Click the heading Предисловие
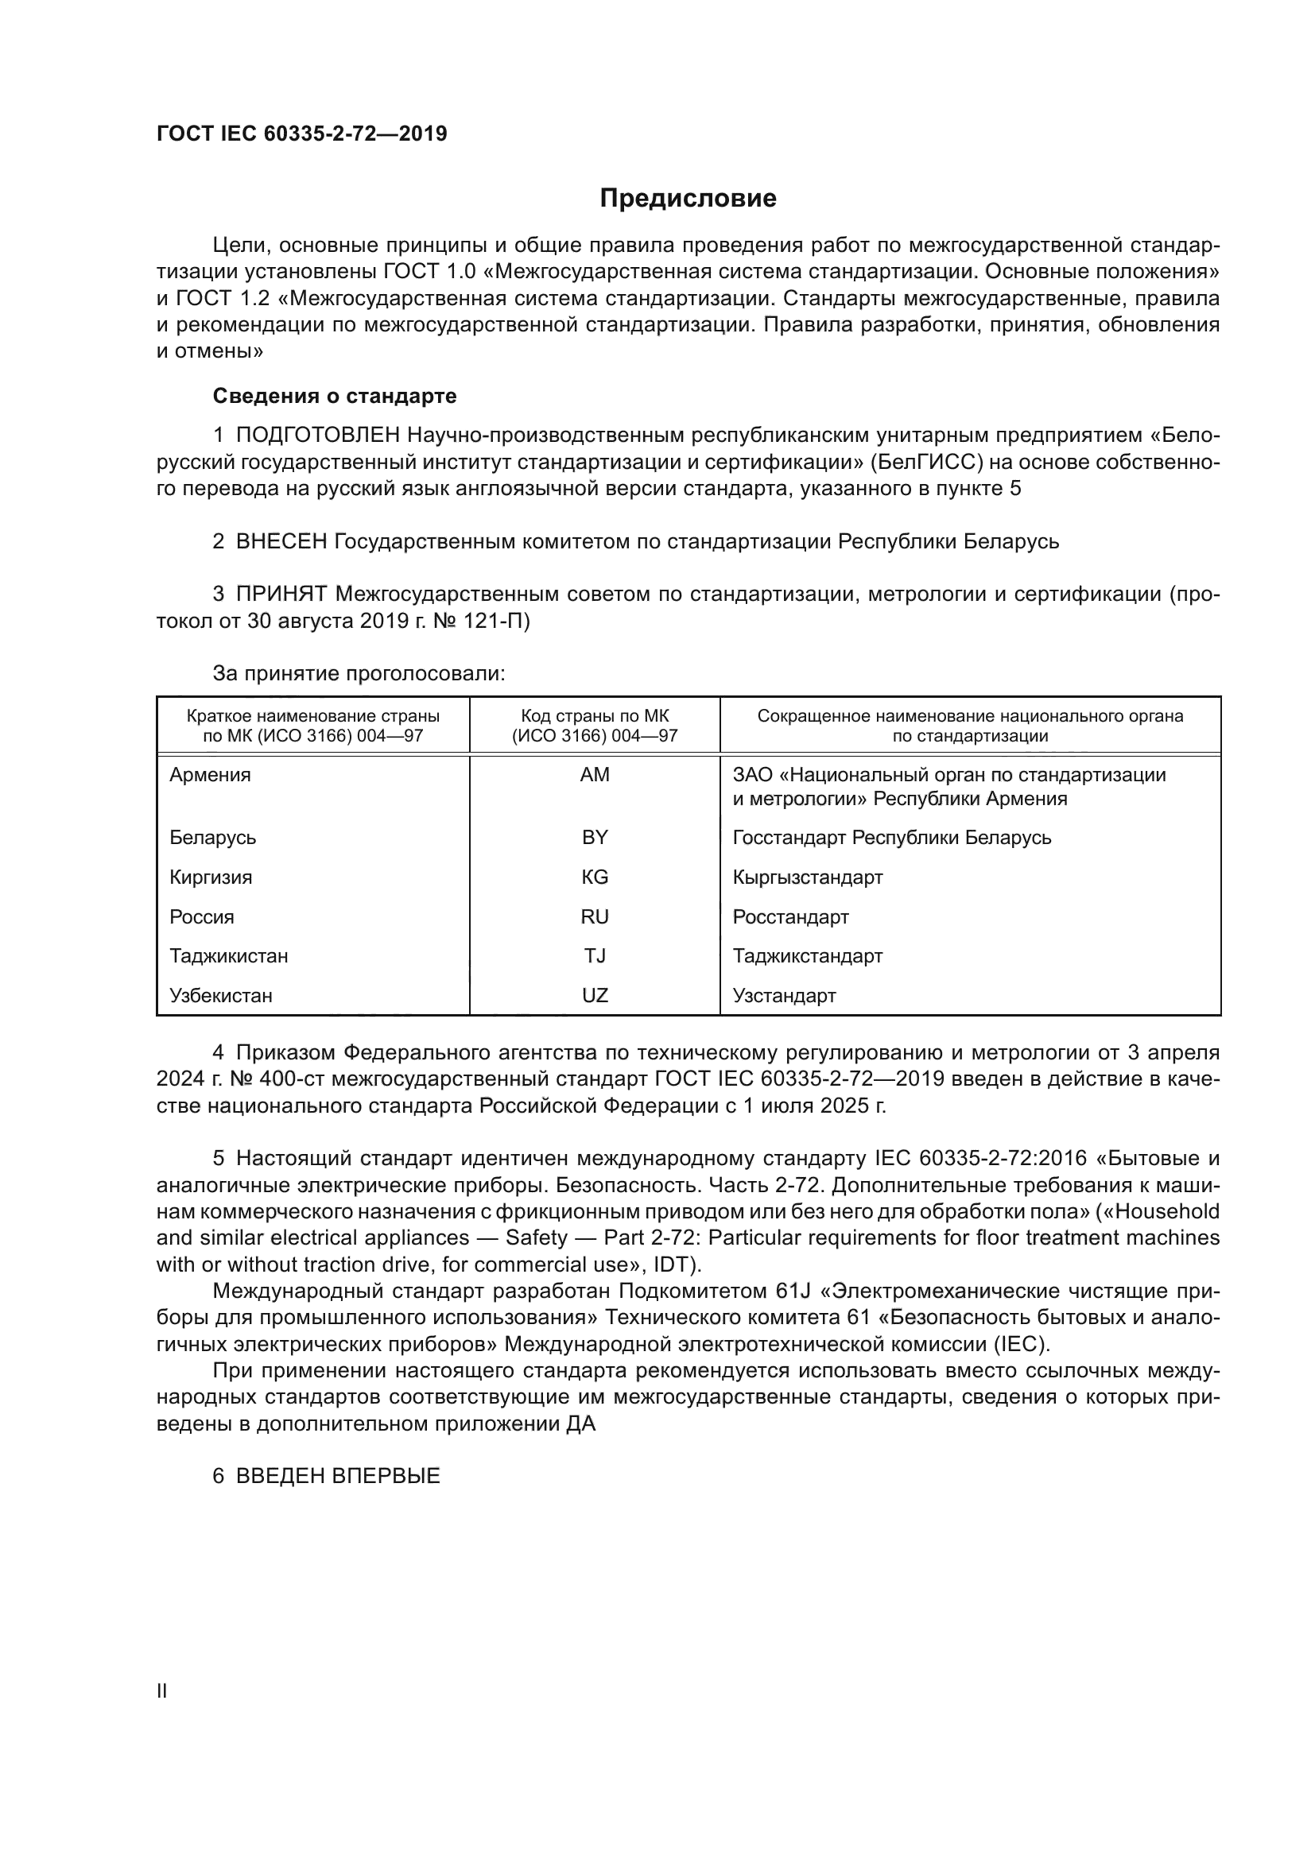[688, 199]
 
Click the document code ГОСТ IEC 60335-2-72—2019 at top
[301, 134]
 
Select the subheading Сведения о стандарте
[335, 396]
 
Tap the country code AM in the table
[595, 775]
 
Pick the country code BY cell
[595, 837]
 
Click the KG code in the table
[595, 877]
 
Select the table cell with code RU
[595, 916]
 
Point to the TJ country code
[595, 956]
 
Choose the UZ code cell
[595, 996]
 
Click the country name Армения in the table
[210, 775]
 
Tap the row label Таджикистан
[228, 956]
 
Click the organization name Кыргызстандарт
[807, 877]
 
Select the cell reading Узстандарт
[784, 996]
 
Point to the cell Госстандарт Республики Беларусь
[891, 837]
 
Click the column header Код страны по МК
[595, 717]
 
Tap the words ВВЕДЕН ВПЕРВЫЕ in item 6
[338, 1476]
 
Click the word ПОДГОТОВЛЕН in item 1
[317, 436]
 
